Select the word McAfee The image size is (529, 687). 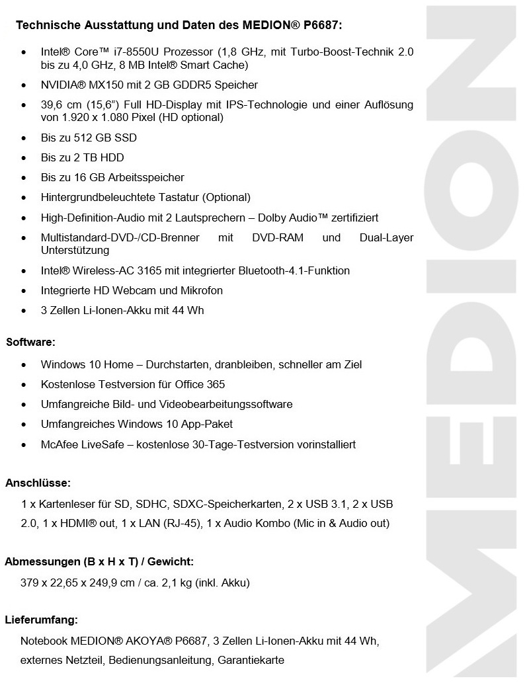pos(59,444)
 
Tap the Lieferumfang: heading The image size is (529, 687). pos(41,620)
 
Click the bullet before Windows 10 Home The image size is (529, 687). pos(24,365)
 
